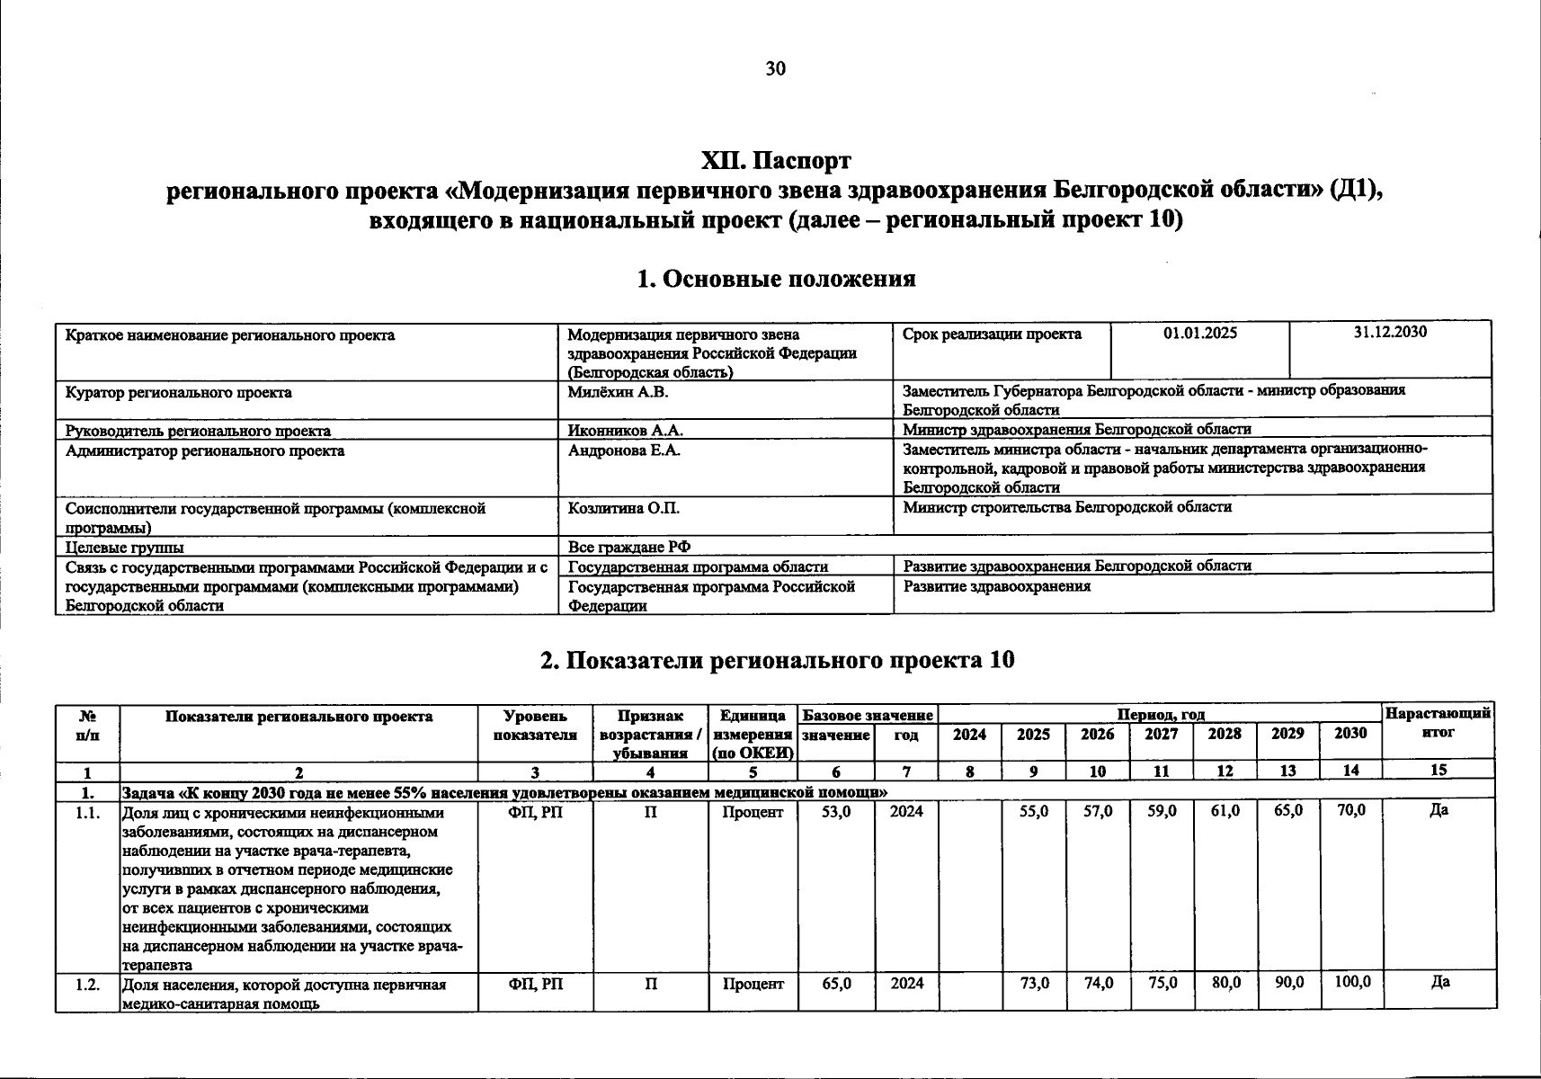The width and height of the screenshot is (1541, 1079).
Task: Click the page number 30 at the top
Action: pyautogui.click(x=775, y=69)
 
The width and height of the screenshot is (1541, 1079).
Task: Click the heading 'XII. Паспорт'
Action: pyautogui.click(x=775, y=162)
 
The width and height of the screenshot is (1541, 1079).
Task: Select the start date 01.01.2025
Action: pyautogui.click(x=1199, y=334)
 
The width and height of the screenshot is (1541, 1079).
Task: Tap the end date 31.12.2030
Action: pyautogui.click(x=1390, y=332)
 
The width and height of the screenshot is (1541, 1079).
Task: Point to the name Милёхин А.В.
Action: pyautogui.click(x=618, y=392)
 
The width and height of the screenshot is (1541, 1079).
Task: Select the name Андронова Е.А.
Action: pyautogui.click(x=623, y=450)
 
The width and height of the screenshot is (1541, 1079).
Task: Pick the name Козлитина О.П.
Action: pyautogui.click(x=623, y=508)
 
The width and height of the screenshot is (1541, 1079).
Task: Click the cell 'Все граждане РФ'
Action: pyautogui.click(x=628, y=547)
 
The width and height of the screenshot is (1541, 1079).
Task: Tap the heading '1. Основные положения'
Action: pyautogui.click(x=775, y=279)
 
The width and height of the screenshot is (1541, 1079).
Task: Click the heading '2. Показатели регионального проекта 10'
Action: pyautogui.click(x=777, y=660)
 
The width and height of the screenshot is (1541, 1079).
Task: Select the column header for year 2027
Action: pyautogui.click(x=1161, y=734)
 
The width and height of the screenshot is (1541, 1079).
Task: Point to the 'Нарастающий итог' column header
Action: pyautogui.click(x=1439, y=723)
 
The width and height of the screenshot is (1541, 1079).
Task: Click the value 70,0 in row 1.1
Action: pyautogui.click(x=1350, y=811)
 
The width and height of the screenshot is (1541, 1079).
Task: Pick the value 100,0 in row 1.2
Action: pyautogui.click(x=1351, y=983)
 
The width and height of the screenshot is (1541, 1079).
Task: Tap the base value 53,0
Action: pyautogui.click(x=836, y=811)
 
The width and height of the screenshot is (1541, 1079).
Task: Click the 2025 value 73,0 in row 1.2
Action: pyautogui.click(x=1034, y=984)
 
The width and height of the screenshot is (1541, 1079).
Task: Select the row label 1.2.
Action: pyautogui.click(x=87, y=984)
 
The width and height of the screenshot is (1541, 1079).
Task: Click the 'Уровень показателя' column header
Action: pyautogui.click(x=535, y=725)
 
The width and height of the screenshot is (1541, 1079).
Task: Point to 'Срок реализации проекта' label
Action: pyautogui.click(x=992, y=334)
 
